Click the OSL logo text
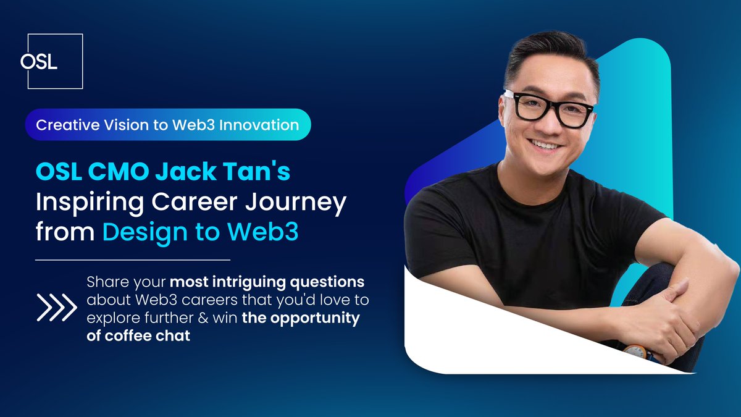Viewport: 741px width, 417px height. point(39,62)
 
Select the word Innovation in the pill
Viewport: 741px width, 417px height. point(259,125)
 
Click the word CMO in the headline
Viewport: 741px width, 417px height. point(119,172)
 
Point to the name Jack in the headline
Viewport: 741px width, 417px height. point(186,172)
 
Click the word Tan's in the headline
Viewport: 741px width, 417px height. point(257,172)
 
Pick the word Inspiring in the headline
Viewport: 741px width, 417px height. point(90,203)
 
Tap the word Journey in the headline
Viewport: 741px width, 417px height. point(296,203)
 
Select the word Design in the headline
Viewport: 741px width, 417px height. point(146,232)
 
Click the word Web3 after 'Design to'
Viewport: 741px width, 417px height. point(262,231)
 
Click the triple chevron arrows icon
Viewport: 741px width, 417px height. point(57,308)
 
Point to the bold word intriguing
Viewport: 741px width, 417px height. point(248,282)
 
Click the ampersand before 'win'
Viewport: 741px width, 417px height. point(203,318)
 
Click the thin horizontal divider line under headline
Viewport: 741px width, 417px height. point(133,260)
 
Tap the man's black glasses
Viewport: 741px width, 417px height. point(550,109)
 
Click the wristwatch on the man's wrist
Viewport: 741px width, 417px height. point(637,352)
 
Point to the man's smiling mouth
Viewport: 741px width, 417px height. point(545,145)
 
